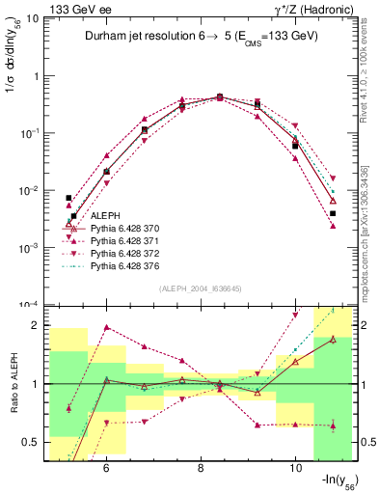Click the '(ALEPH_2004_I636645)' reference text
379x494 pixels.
200,288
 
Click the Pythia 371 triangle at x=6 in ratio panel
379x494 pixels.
106,327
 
